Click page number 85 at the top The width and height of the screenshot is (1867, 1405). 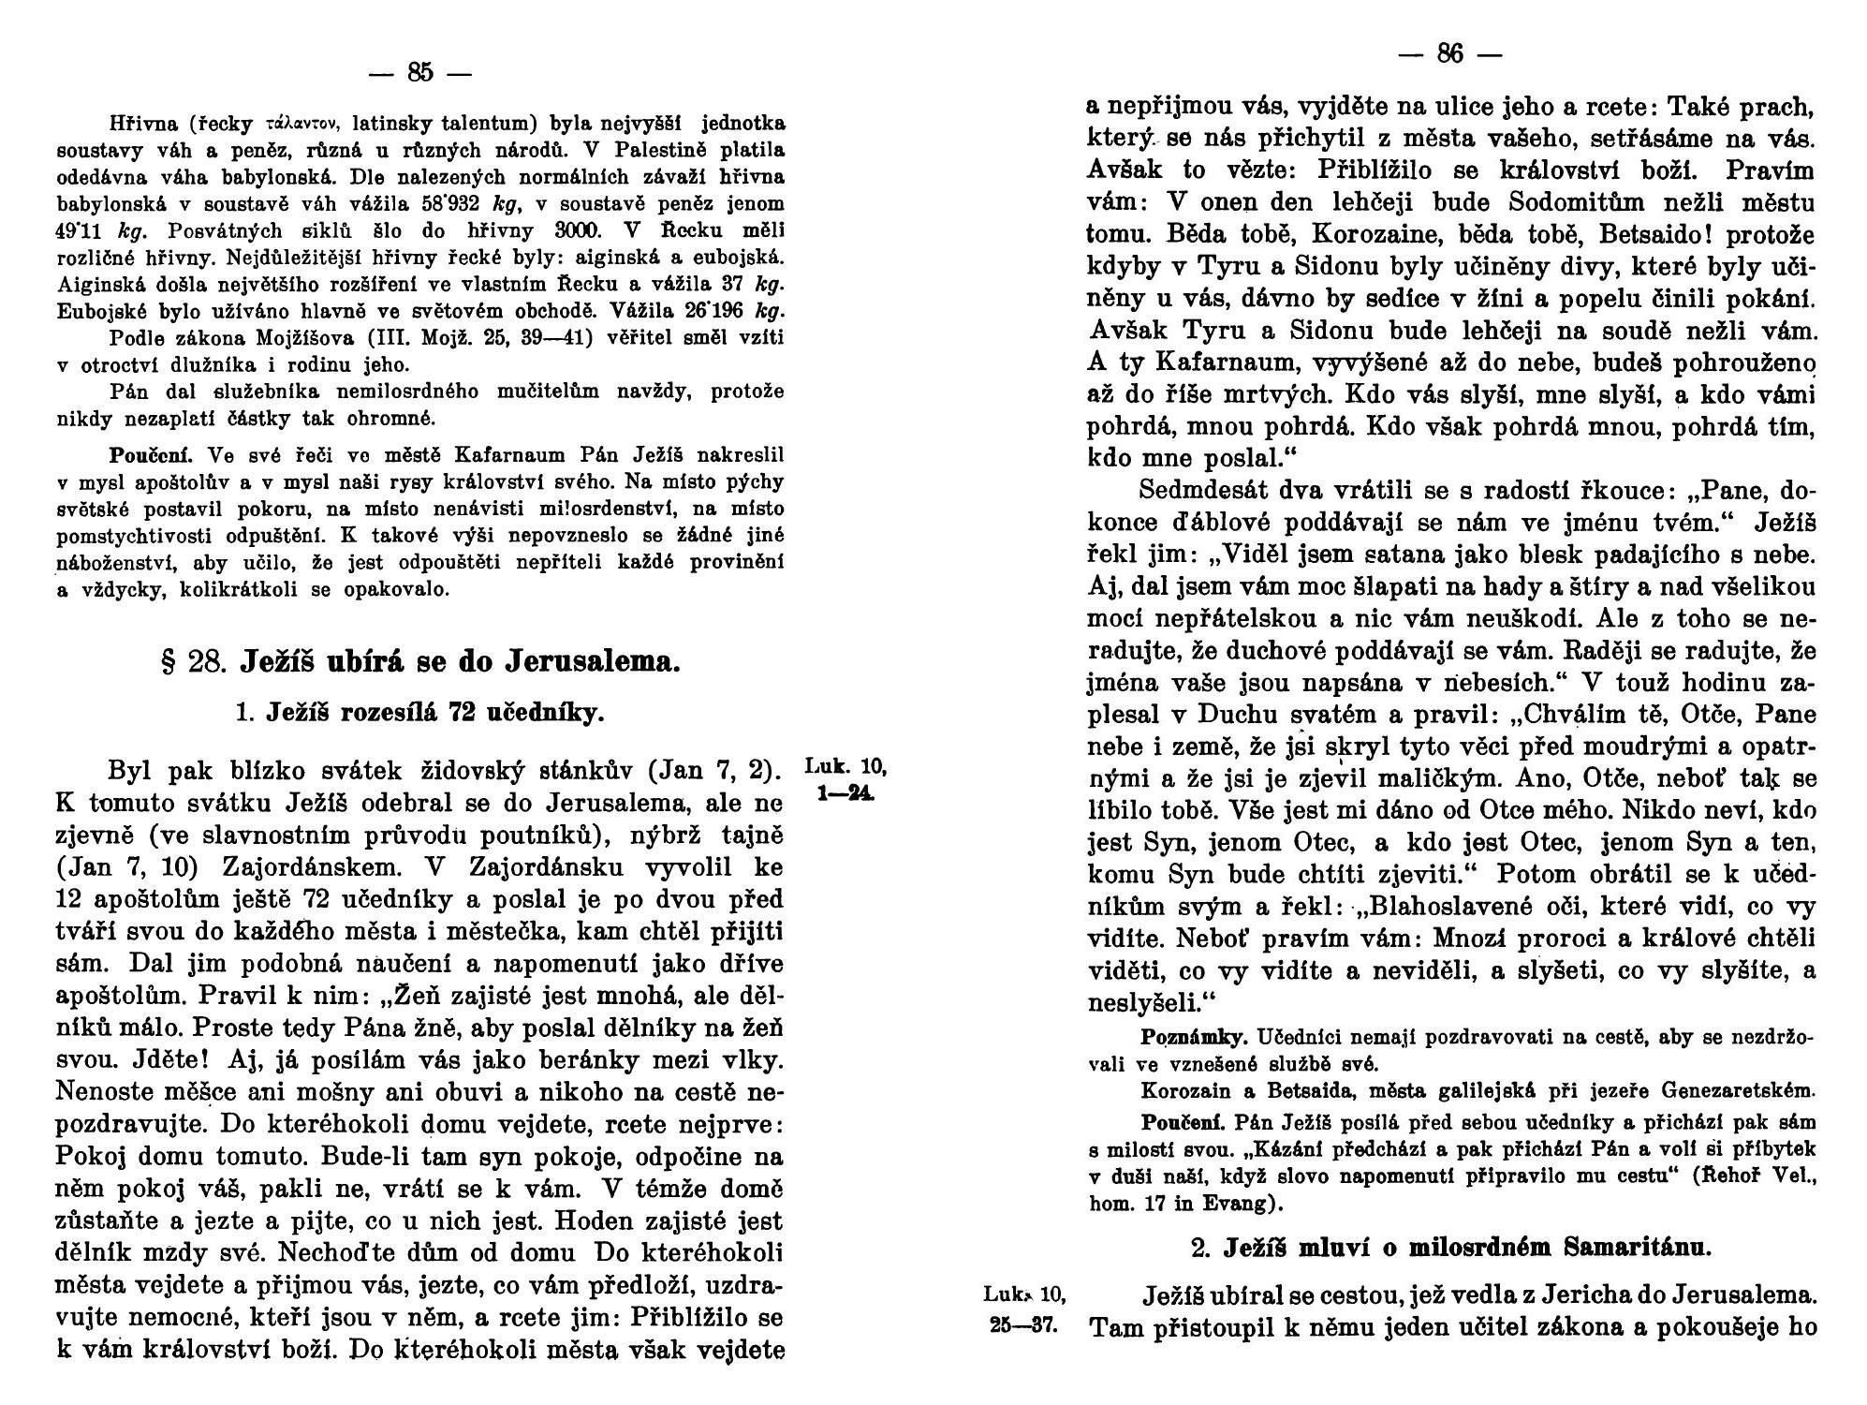click(x=420, y=72)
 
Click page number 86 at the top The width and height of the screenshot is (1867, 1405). click(x=1449, y=54)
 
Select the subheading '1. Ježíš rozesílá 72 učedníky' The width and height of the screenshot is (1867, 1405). click(x=420, y=714)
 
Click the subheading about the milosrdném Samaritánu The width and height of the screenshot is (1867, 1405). click(x=1450, y=1249)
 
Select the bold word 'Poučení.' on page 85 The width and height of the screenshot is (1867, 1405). click(x=151, y=456)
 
